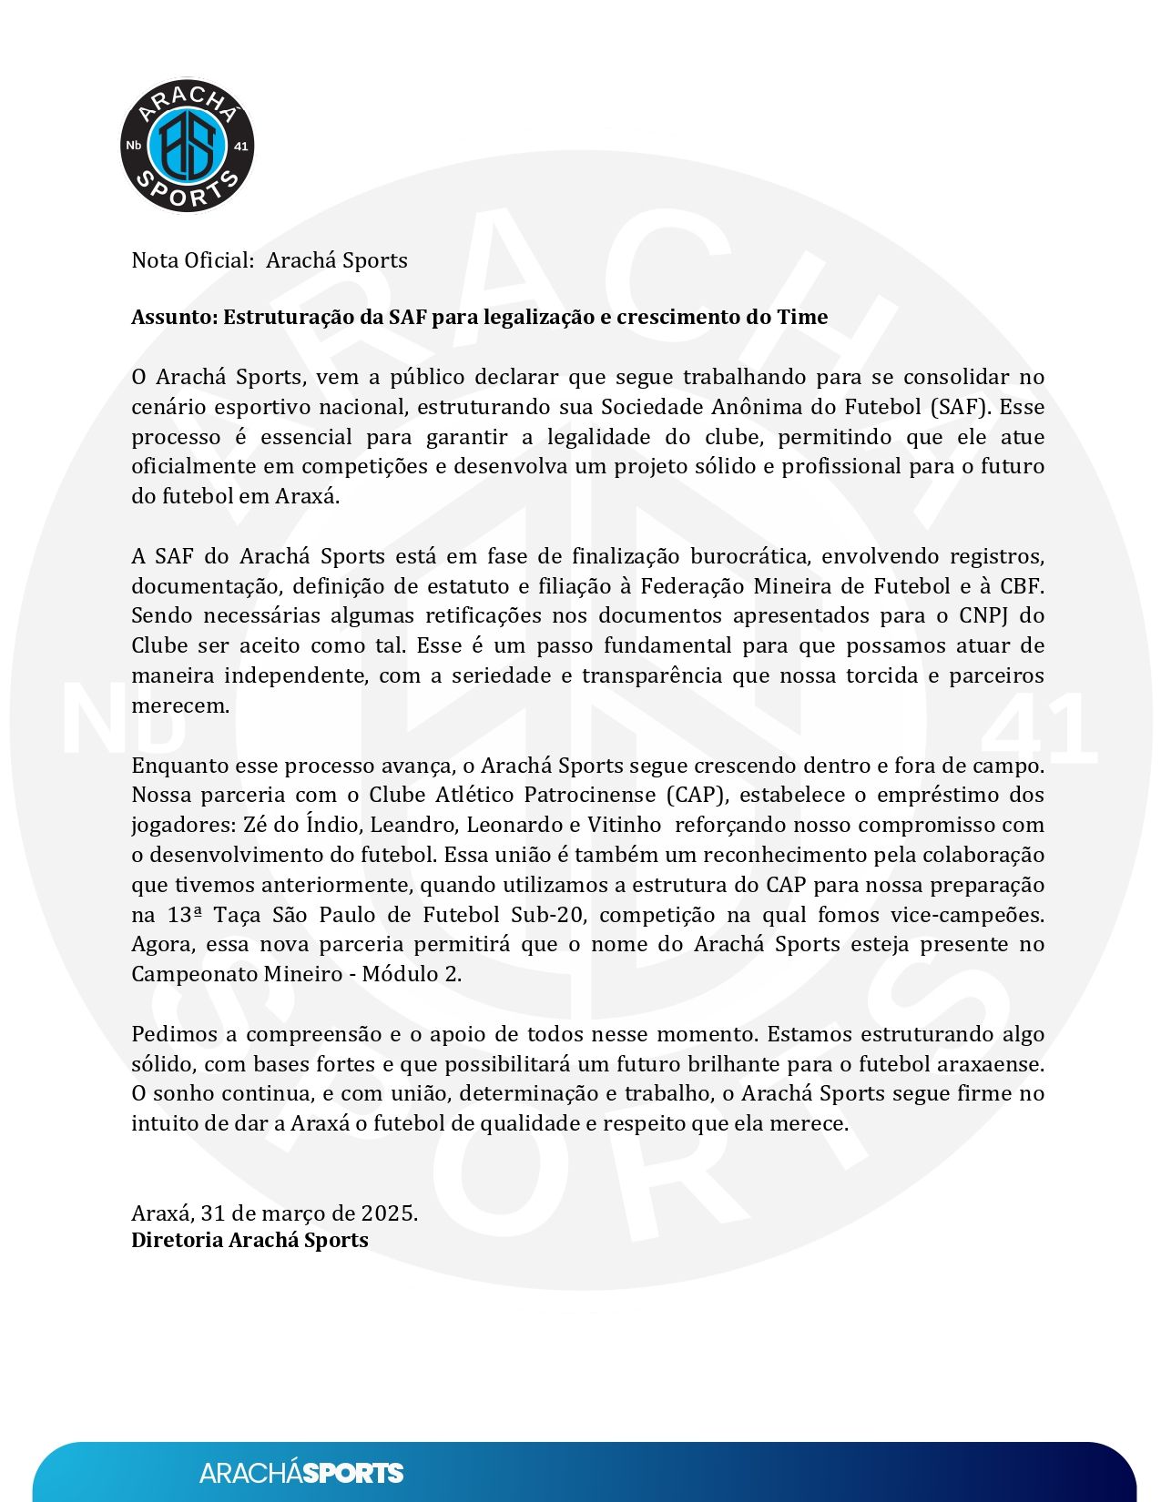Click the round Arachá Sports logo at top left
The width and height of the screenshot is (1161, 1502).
[x=188, y=146]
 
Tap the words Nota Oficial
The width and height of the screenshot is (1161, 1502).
[x=192, y=260]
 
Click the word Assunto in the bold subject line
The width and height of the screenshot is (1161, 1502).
[x=173, y=318]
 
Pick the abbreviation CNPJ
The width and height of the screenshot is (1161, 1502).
[x=982, y=616]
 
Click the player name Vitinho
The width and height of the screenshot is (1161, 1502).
[x=626, y=825]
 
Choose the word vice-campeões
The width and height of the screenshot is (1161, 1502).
[x=968, y=915]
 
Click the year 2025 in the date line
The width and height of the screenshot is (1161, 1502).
[x=388, y=1213]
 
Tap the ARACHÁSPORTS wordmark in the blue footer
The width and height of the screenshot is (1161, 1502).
[x=300, y=1473]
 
